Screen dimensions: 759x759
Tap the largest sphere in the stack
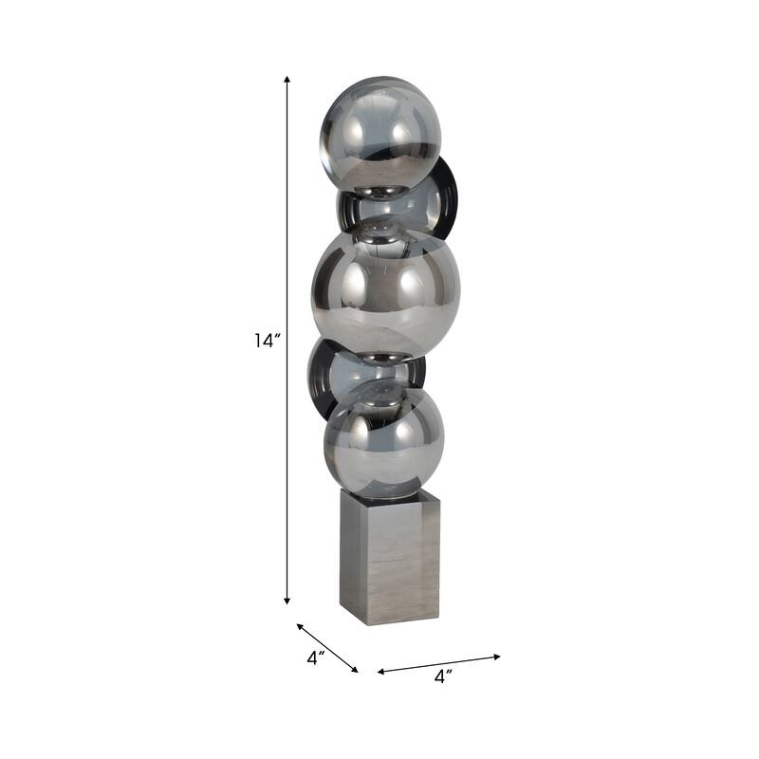pos(385,288)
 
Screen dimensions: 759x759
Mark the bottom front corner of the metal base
pos(361,623)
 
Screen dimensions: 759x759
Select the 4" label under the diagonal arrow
pos(316,657)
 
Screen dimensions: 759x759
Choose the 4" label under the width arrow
pos(443,676)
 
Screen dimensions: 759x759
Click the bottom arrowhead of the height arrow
pos(287,602)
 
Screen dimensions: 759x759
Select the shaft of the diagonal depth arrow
pos(327,648)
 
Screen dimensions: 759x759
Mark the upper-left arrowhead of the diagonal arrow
pos(300,626)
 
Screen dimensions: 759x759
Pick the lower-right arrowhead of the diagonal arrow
pos(356,671)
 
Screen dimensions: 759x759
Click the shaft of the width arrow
pos(438,663)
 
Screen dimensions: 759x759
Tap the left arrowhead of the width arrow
pos(380,672)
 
